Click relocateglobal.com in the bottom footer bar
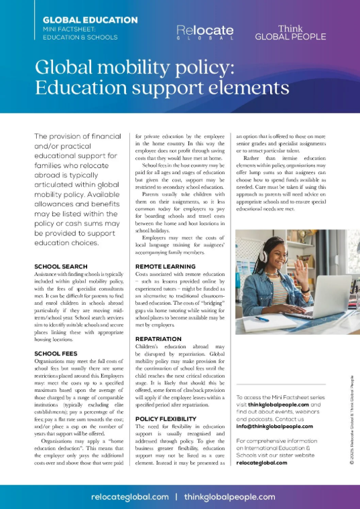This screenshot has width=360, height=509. (x=130, y=497)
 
